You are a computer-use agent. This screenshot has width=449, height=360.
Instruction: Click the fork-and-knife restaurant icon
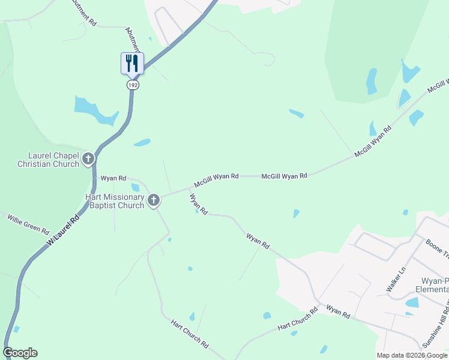pos(132,63)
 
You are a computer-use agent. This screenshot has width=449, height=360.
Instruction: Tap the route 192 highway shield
pos(132,85)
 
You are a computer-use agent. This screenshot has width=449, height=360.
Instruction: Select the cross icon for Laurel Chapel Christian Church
pos(88,159)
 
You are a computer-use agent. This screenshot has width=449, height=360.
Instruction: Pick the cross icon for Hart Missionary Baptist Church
pos(154,200)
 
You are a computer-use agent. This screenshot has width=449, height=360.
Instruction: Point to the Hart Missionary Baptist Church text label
pos(114,201)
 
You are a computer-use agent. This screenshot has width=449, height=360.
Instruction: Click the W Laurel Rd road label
pos(62,232)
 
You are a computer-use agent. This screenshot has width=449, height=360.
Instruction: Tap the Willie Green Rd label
pos(28,226)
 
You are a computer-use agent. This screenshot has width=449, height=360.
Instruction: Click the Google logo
pos(20,353)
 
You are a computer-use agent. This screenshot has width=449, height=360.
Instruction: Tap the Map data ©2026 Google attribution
pos(412,355)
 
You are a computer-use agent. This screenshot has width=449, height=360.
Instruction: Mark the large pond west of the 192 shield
pos(93,109)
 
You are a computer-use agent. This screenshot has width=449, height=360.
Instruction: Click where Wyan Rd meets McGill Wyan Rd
pos(190,188)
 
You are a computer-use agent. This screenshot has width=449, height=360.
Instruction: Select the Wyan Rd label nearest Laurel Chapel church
pos(113,178)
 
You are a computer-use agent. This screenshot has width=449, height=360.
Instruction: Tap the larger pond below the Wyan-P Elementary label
pos(412,302)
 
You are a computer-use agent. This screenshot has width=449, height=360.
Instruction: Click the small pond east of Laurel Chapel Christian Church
pos(142,143)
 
